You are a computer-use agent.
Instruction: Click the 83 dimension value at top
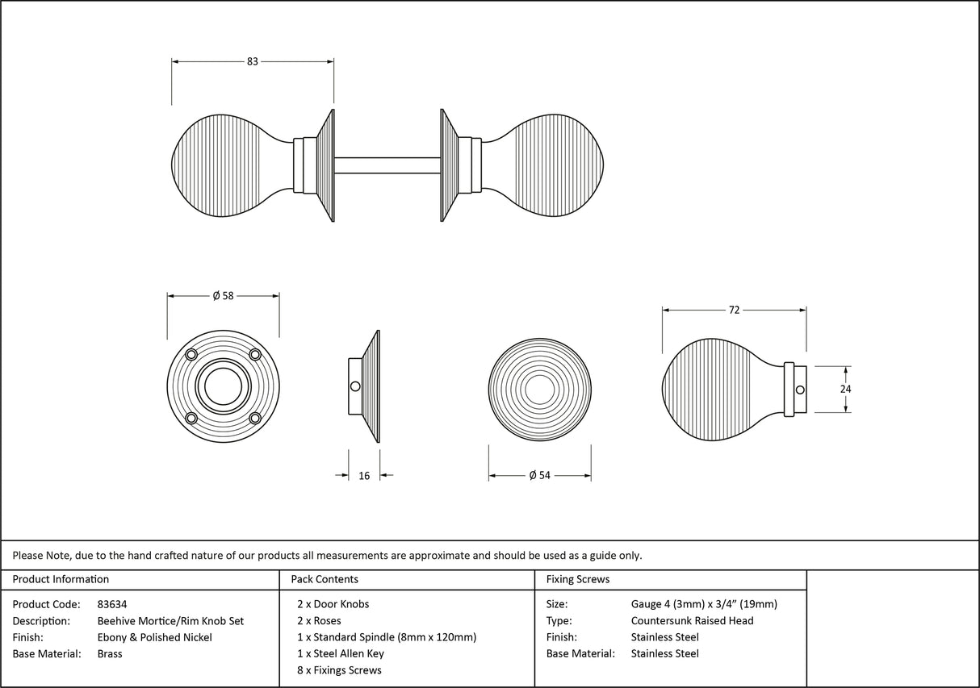(253, 61)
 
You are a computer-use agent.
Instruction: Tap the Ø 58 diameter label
(223, 296)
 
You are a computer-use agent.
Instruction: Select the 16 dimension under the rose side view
(364, 476)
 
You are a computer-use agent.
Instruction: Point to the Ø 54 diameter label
(539, 476)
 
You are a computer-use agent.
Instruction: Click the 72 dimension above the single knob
(734, 310)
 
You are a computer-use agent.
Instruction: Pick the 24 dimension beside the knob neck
(845, 389)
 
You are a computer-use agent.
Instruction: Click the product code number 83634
(112, 604)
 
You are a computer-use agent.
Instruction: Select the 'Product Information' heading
(61, 579)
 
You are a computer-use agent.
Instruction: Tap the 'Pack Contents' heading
(324, 579)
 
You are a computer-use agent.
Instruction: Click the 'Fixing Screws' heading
(578, 579)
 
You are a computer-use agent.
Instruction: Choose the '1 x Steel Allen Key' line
(341, 653)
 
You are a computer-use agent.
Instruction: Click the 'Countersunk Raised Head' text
(692, 620)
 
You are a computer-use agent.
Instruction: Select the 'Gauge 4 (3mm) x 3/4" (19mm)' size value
(704, 604)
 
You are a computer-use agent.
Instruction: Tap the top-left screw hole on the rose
(192, 355)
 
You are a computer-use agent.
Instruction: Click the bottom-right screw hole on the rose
(255, 418)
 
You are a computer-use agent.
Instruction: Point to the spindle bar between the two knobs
(387, 165)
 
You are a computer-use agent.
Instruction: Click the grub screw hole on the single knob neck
(799, 390)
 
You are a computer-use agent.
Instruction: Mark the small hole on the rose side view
(355, 386)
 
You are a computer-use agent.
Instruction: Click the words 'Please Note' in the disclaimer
(40, 555)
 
